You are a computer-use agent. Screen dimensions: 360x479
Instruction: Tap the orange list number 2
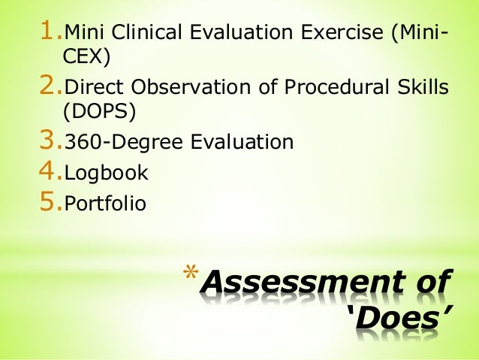coord(50,87)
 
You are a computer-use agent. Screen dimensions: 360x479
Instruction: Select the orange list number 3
coord(50,140)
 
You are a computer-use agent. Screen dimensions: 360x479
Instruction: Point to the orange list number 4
coord(50,172)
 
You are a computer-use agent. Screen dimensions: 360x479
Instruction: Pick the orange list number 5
coord(50,201)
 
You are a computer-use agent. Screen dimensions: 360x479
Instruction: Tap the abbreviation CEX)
coord(78,57)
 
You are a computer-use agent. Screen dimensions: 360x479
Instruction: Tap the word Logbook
coord(106,174)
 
